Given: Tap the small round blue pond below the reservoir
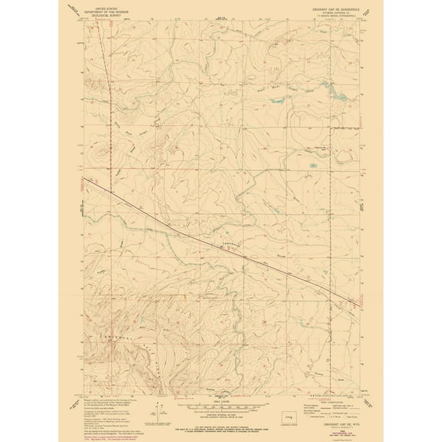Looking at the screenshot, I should pyautogui.click(x=313, y=165).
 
